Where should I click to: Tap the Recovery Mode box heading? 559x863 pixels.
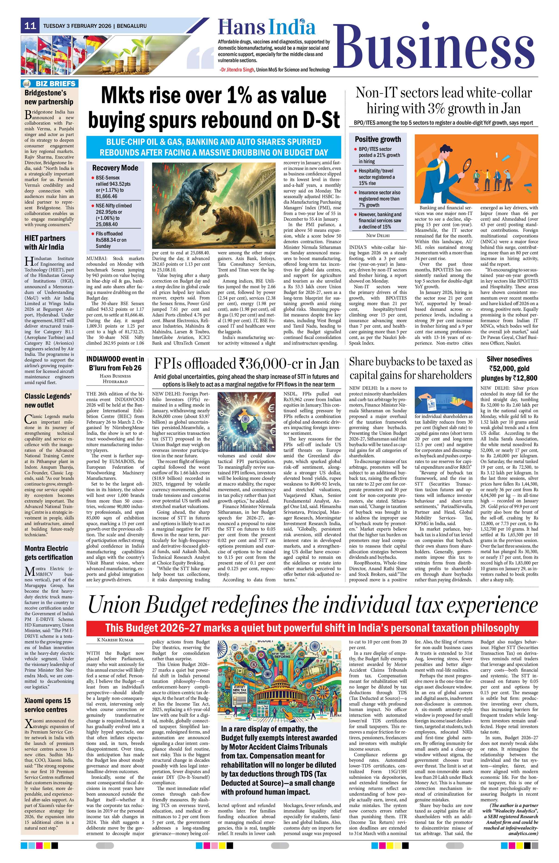pyautogui.click(x=115, y=168)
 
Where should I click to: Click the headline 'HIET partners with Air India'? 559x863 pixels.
pyautogui.click(x=45, y=243)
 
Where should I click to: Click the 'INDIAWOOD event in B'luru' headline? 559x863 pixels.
pyautogui.click(x=115, y=363)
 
